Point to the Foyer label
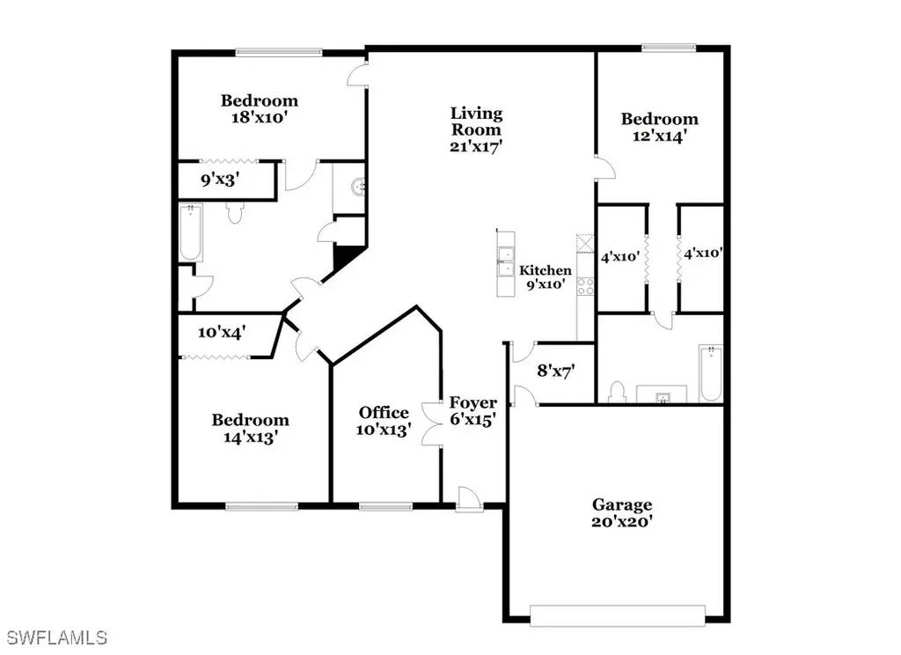(x=472, y=402)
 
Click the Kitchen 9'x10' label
(x=546, y=276)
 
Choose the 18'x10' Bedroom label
(x=260, y=108)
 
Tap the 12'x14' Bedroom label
(x=660, y=127)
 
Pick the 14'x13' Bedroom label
(x=251, y=429)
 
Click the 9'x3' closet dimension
(x=220, y=180)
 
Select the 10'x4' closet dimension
(x=223, y=332)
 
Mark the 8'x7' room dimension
(x=556, y=371)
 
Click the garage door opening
(x=618, y=615)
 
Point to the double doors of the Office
(x=432, y=423)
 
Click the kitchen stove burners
(x=585, y=286)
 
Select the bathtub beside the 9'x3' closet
(x=191, y=232)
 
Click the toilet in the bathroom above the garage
(x=617, y=391)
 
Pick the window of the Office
(x=385, y=506)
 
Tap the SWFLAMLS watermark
(x=57, y=637)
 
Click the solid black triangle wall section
(x=346, y=255)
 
